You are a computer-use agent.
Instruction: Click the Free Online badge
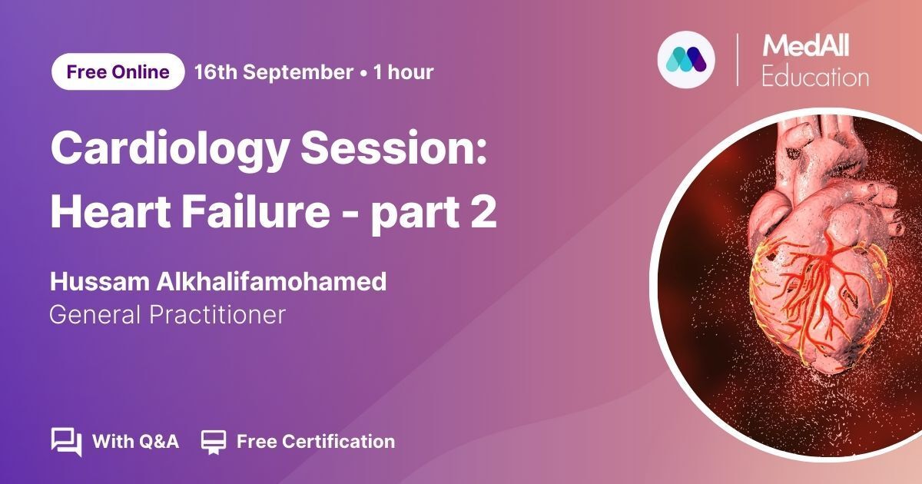(118, 71)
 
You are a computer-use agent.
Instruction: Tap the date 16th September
(274, 72)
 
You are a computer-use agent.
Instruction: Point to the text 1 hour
(403, 72)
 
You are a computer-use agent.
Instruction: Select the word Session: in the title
(394, 148)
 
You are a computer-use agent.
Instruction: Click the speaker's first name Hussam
(100, 281)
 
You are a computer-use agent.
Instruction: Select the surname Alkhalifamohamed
(271, 281)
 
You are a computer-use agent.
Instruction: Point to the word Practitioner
(217, 315)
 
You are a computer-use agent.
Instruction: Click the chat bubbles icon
(66, 442)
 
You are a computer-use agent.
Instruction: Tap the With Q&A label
(136, 442)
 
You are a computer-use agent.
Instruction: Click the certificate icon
(214, 442)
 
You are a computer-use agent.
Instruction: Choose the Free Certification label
(316, 442)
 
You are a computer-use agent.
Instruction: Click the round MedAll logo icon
(686, 60)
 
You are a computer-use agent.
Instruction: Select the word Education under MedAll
(815, 77)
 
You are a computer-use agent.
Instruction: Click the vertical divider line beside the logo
(737, 60)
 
